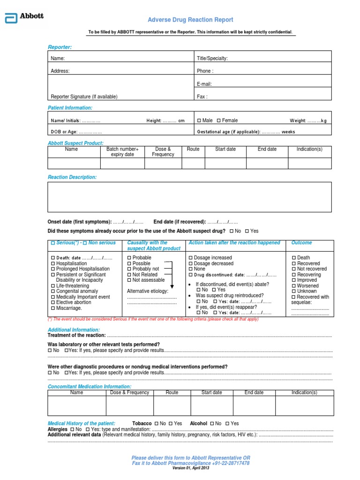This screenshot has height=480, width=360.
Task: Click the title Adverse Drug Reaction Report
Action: [x=190, y=20]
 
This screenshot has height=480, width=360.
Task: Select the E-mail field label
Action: [x=204, y=84]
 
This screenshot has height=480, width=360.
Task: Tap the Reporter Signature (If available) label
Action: [x=84, y=97]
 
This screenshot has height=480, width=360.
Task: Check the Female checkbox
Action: [x=219, y=120]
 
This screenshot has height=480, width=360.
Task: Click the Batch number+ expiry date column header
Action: [x=122, y=152]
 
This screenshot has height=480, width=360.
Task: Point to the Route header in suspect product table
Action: [x=193, y=149]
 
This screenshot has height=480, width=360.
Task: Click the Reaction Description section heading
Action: [x=72, y=177]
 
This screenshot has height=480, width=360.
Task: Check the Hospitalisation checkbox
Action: [x=52, y=263]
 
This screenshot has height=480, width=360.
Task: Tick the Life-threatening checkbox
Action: [x=52, y=285]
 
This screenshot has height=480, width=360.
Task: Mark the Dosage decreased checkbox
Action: [x=190, y=263]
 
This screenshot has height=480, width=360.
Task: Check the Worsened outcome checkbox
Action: [x=294, y=285]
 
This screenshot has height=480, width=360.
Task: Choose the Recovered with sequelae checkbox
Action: [x=294, y=297]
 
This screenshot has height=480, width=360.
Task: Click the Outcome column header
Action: [x=301, y=243]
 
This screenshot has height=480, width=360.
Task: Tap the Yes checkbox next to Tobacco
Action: [x=171, y=423]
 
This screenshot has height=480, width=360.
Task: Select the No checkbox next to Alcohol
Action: [x=213, y=423]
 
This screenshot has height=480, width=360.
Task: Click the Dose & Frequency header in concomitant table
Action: [x=129, y=392]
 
